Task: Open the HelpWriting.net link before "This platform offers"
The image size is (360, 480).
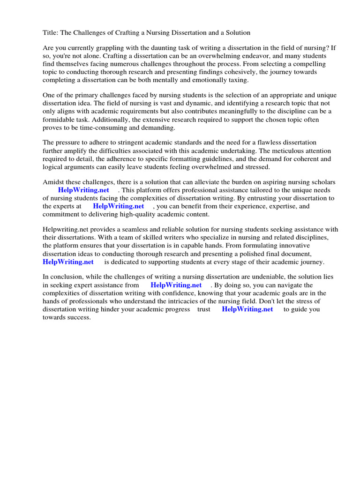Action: pyautogui.click(x=83, y=190)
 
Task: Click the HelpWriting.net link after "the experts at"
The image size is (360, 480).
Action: pyautogui.click(x=119, y=206)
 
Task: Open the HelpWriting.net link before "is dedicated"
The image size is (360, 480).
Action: pyautogui.click(x=68, y=262)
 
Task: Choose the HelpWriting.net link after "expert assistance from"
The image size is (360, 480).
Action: pyautogui.click(x=176, y=285)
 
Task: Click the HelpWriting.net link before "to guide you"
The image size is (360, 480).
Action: pyautogui.click(x=247, y=309)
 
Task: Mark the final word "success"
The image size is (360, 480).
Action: pyautogui.click(x=77, y=317)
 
